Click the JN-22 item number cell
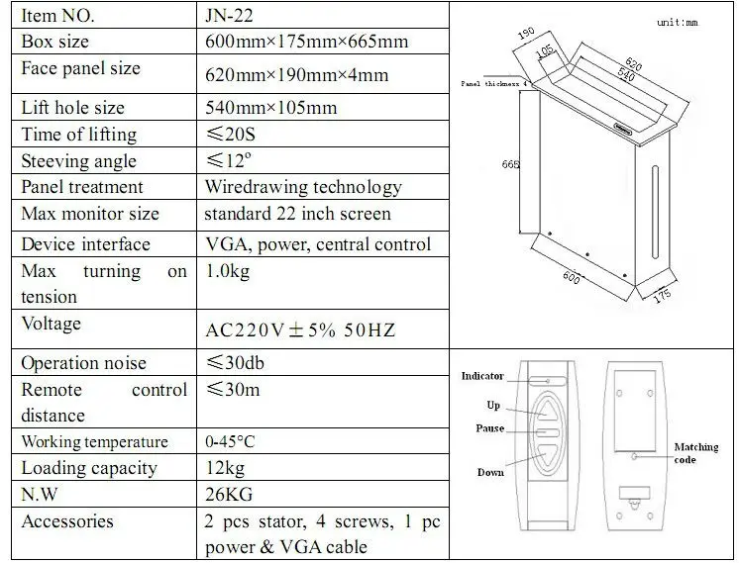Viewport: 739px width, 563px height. tap(232, 16)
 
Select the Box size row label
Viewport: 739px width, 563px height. tap(54, 42)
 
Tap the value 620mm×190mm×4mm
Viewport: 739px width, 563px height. tap(296, 74)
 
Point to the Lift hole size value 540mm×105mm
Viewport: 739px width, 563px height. tap(270, 108)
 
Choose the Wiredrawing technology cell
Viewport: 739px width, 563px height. tap(302, 187)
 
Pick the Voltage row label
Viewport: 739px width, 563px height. tap(51, 324)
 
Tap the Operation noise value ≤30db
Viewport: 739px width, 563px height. tap(234, 363)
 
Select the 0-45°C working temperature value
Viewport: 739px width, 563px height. tap(234, 442)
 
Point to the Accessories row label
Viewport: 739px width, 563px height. tap(67, 521)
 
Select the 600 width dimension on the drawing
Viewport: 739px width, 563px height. tap(572, 278)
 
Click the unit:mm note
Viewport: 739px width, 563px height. tap(678, 22)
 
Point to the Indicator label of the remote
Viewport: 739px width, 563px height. tap(482, 377)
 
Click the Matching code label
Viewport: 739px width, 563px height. tap(696, 453)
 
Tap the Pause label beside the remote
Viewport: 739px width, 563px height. tap(489, 428)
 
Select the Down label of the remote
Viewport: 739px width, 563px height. tap(490, 473)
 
